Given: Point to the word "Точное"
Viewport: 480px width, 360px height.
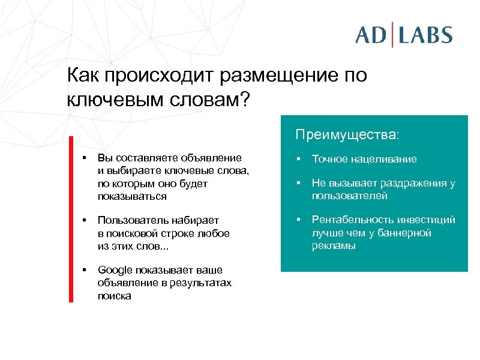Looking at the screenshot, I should click(329, 159).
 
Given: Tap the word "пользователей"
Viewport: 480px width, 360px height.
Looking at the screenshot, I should click(349, 196).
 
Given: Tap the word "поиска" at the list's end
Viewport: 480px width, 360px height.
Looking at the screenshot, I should click(114, 296).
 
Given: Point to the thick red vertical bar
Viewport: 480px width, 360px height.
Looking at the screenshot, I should click(70, 219).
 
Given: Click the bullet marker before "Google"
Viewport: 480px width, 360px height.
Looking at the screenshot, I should click(85, 269).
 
